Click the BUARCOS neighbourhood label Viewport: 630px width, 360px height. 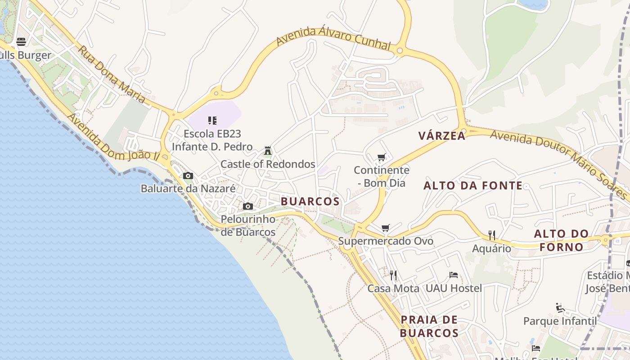pos(310,201)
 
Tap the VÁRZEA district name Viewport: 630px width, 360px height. pos(441,135)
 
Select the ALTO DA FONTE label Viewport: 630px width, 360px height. pos(473,185)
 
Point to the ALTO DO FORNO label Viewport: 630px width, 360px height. pos(561,240)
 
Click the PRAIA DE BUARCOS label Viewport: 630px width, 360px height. pos(429,326)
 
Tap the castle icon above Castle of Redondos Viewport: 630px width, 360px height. pos(268,150)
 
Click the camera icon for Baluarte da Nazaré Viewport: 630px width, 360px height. pos(188,175)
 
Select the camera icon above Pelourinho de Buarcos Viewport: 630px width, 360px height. pos(247,206)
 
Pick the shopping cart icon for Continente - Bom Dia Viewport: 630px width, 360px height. pos(382,157)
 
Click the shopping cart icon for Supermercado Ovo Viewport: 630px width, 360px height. pos(385,228)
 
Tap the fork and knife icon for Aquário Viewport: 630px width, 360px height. pos(491,235)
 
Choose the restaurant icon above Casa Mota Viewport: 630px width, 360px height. pos(393,275)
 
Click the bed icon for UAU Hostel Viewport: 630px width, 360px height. pos(454,275)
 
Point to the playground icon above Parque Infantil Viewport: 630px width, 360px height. pos(560,308)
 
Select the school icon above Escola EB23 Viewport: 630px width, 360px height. pos(212,120)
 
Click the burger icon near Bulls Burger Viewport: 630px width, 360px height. pos(21,42)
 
